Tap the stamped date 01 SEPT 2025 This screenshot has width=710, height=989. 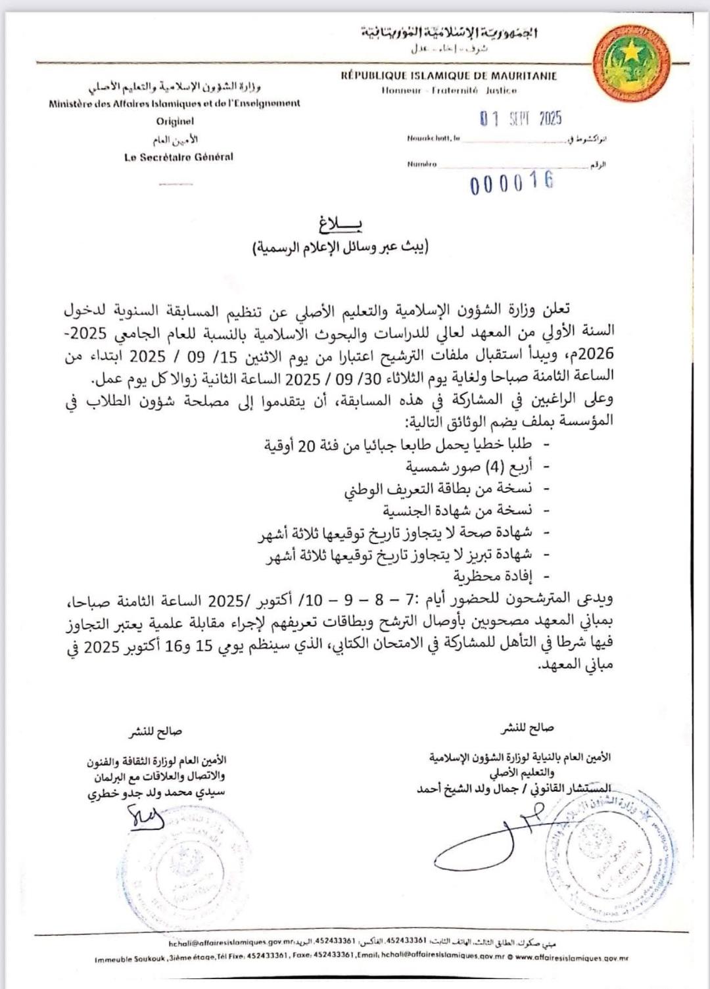[x=520, y=119]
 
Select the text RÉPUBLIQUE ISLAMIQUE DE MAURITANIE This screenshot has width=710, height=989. [x=449, y=76]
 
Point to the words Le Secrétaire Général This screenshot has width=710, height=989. [x=178, y=158]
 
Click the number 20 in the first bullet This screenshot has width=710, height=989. [x=307, y=447]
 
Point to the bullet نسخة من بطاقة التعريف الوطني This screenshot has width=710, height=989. [x=438, y=489]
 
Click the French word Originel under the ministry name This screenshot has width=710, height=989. [x=175, y=122]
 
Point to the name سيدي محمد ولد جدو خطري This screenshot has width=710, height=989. [x=156, y=793]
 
